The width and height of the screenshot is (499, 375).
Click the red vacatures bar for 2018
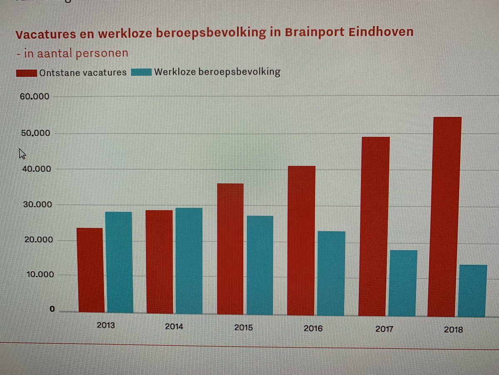444,217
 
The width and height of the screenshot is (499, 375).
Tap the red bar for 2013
90,270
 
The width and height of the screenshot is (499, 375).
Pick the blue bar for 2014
188,260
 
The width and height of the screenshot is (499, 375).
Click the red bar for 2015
230,249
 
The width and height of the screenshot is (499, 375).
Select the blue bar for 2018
472,290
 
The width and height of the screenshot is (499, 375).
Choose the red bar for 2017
374,226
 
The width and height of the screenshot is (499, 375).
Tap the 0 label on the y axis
52,309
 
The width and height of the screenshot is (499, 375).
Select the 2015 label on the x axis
243,327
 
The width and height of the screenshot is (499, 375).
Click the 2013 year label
106,326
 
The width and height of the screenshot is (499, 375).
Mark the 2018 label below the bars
453,330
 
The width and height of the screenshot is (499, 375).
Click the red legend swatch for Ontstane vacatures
27,73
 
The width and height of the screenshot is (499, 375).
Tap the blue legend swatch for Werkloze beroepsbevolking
141,72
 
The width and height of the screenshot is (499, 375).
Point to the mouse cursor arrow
22,154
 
